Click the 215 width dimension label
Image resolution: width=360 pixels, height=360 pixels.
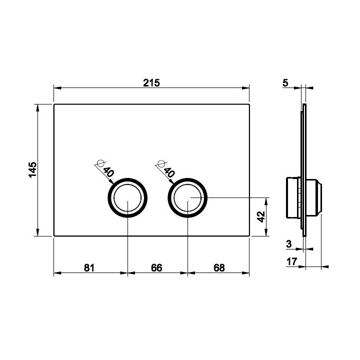[x=151, y=83]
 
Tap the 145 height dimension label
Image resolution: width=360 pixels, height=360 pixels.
[x=32, y=169]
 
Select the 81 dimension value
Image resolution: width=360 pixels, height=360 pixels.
[x=89, y=267]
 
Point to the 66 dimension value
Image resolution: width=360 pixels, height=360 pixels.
[x=156, y=267]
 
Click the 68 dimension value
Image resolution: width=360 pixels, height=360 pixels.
[x=219, y=267]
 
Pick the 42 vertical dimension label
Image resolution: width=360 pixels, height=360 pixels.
[x=261, y=216]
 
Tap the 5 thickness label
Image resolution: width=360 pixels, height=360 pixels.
[x=285, y=83]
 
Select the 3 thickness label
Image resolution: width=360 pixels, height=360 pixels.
[x=289, y=244]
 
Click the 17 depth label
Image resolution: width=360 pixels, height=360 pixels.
[x=292, y=261]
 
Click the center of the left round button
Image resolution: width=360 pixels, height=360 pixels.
[x=127, y=197]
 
